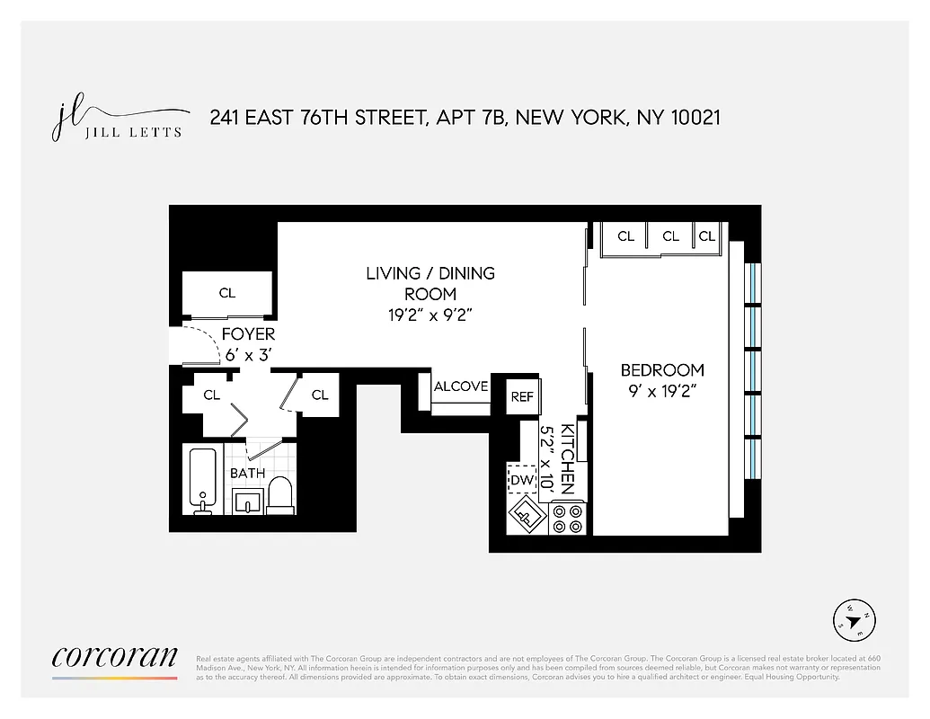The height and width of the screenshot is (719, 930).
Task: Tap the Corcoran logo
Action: [x=114, y=658]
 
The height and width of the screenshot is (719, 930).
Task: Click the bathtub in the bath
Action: [x=203, y=481]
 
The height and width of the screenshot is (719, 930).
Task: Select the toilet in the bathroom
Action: [x=281, y=496]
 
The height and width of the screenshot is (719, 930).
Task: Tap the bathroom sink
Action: [x=247, y=502]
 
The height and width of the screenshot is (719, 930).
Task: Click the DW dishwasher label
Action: [x=521, y=481]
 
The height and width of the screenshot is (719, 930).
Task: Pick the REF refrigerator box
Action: [x=522, y=396]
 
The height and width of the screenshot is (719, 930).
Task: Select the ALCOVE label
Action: [x=461, y=386]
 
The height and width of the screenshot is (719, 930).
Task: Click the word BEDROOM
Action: [x=662, y=369]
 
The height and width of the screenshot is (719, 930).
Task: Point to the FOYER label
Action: [x=248, y=334]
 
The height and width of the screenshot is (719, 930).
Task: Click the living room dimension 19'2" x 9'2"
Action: [x=430, y=315]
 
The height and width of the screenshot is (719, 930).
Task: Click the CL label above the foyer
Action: [x=227, y=293]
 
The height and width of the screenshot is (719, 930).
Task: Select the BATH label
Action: [x=247, y=473]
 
